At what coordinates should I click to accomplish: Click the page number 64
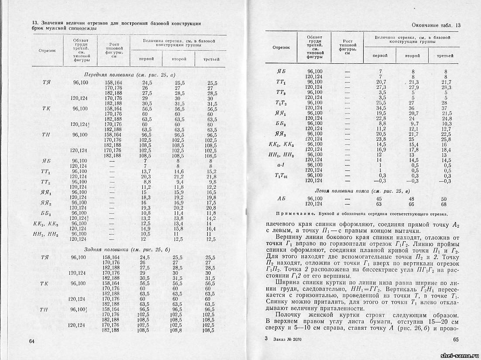coord(31,341)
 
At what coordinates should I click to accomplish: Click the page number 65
coord(457,339)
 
